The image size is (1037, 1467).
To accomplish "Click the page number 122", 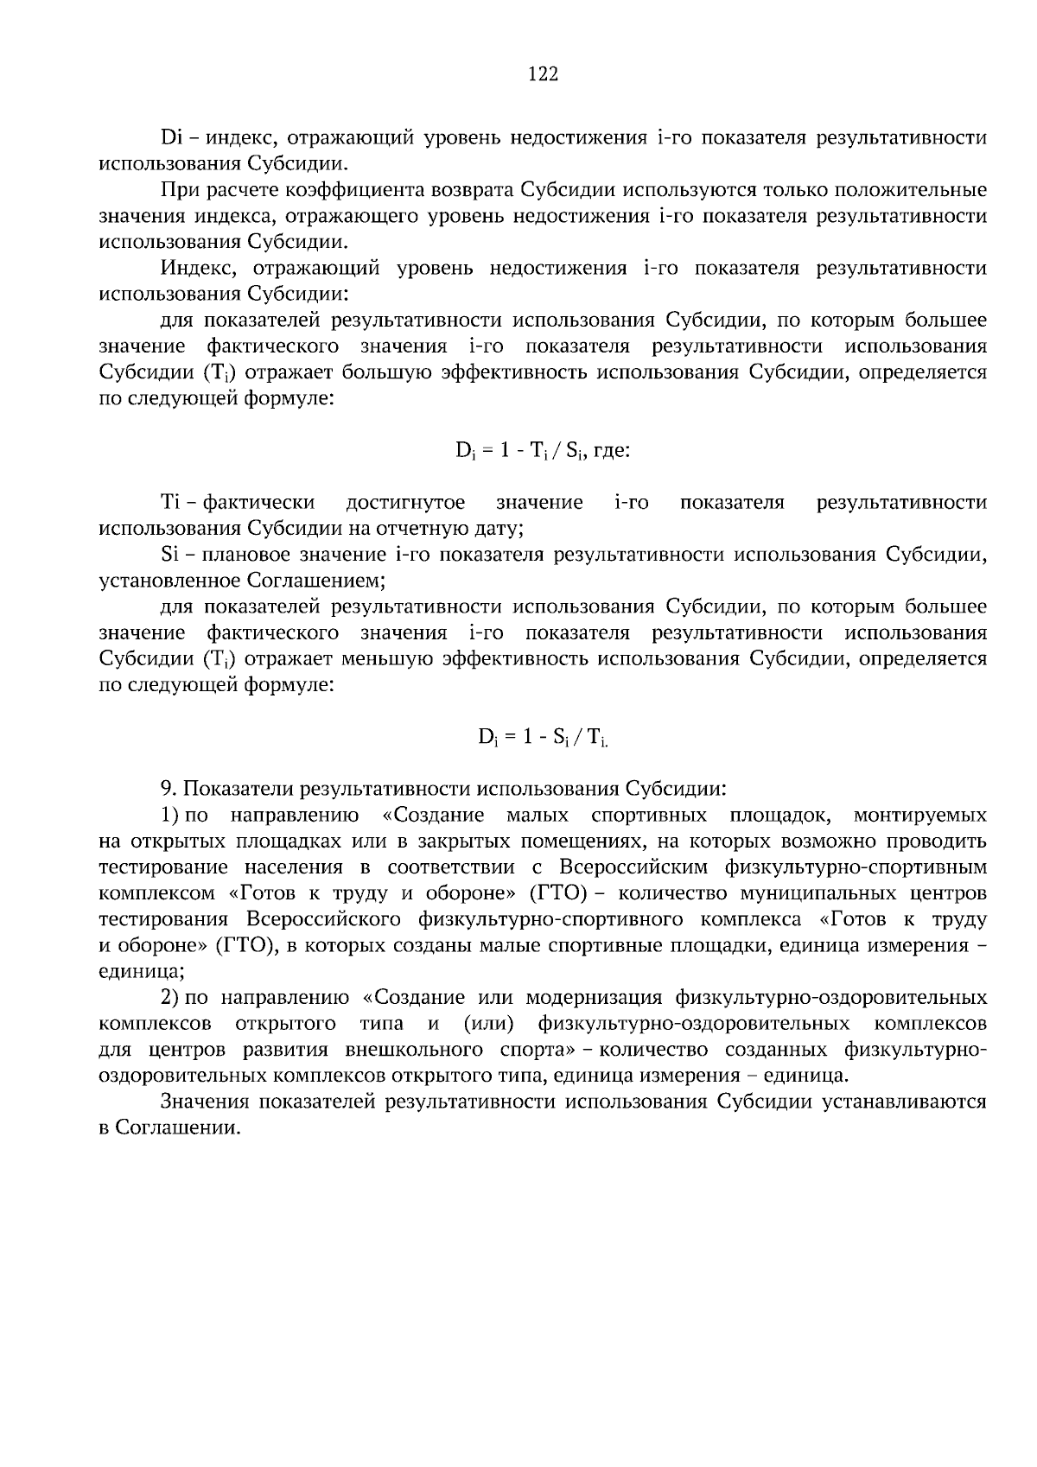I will point(543,74).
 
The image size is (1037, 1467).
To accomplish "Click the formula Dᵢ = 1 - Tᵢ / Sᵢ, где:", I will point(543,452).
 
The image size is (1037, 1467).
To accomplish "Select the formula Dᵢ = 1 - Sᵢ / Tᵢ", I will point(543,737).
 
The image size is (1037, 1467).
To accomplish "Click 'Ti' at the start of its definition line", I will point(170,502).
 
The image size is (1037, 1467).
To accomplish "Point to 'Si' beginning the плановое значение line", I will point(169,554).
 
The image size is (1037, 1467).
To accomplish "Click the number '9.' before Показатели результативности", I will point(169,789).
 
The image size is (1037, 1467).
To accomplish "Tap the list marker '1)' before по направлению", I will point(170,815).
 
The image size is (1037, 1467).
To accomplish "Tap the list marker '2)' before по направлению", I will point(170,998).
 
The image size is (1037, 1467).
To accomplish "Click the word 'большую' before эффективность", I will point(386,372).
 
